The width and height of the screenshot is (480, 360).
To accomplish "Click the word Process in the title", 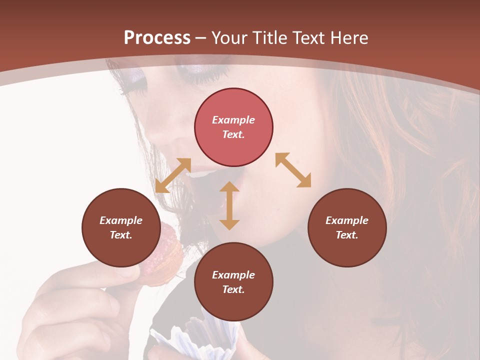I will click(x=157, y=38).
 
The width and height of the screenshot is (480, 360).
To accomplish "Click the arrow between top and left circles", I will click(x=173, y=175).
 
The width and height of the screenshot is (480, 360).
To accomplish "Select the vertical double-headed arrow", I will click(x=229, y=205).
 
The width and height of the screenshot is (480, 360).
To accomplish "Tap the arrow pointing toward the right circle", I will click(x=293, y=170).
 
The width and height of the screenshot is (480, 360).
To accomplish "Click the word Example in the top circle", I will click(x=233, y=120).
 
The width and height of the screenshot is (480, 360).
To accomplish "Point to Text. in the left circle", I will click(x=121, y=235).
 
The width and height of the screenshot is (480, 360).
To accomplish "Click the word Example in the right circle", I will click(x=347, y=220).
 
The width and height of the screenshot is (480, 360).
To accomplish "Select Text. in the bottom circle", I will click(x=233, y=289).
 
